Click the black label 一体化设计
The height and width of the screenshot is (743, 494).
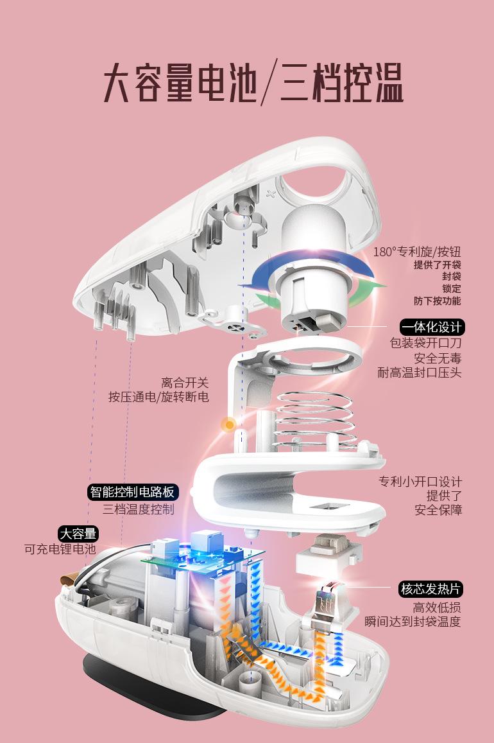click(x=432, y=328)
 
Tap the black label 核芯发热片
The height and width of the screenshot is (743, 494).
click(x=430, y=589)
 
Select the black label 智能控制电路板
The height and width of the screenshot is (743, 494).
click(x=133, y=492)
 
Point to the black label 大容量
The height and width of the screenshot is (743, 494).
click(x=78, y=534)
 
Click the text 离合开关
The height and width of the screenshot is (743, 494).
click(x=185, y=382)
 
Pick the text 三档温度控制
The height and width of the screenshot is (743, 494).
click(x=139, y=509)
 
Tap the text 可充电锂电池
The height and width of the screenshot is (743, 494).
click(x=60, y=549)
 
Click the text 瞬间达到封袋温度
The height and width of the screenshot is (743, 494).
click(x=413, y=621)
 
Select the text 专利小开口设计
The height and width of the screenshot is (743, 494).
click(x=420, y=482)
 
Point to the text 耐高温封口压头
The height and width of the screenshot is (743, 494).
click(x=419, y=372)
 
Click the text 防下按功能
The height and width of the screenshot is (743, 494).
click(x=437, y=301)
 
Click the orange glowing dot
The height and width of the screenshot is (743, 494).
click(x=230, y=424)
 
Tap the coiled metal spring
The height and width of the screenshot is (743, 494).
click(x=315, y=420)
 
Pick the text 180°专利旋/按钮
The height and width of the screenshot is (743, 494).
click(x=417, y=252)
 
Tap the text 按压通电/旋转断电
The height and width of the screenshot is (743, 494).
click(x=158, y=397)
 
